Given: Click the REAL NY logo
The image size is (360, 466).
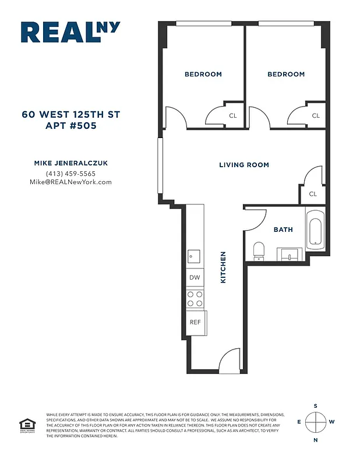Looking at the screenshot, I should coord(69,32).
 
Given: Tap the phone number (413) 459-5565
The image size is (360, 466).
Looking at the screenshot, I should coord(70,174).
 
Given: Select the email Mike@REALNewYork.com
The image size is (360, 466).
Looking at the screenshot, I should coord(70,182).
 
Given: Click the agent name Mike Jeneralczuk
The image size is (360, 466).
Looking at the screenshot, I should coord(70,164).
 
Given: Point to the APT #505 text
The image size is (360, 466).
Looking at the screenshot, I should coord(70,125).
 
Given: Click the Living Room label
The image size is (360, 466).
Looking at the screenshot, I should coord(243,165).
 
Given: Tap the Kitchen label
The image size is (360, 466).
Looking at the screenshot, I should coord(223,267).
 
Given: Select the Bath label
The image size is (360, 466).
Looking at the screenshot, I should coord(283,230).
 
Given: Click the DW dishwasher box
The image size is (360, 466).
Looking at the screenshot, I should coord(195,278).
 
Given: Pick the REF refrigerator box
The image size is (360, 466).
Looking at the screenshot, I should coord(195,322).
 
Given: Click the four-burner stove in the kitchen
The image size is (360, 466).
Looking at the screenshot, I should coord(195,299).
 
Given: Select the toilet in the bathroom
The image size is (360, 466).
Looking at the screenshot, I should coord(259,251).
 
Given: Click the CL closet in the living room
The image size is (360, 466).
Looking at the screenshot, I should coord(313,194).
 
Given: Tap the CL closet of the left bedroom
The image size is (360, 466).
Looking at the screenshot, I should coord(232,115).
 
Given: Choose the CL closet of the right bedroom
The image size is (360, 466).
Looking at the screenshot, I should coord(315,115).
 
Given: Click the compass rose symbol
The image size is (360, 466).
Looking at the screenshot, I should coord(316,422).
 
